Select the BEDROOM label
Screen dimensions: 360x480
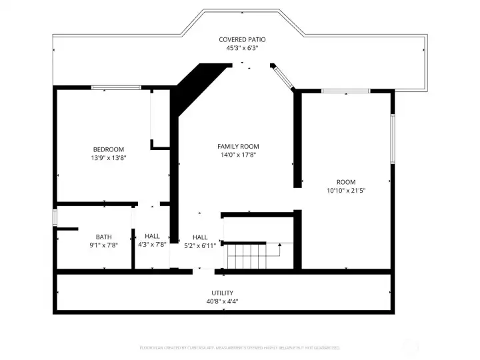(x=108, y=149)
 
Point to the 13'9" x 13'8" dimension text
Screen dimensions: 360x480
(x=108, y=158)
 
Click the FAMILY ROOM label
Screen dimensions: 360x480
(x=238, y=146)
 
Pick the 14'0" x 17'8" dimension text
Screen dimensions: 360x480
(x=238, y=155)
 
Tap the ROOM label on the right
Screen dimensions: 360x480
(x=346, y=182)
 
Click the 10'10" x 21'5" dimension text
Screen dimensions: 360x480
(x=346, y=191)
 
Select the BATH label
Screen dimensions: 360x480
(x=103, y=237)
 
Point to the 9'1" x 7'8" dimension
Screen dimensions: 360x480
(x=103, y=245)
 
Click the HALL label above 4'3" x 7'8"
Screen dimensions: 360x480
(x=152, y=236)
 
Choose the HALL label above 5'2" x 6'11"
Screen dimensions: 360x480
(x=200, y=237)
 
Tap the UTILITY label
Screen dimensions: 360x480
(x=223, y=293)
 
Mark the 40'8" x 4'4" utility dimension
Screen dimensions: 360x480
(x=223, y=301)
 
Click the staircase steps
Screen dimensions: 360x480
(x=246, y=256)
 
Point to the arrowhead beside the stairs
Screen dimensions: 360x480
(x=279, y=245)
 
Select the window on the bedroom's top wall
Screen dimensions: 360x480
(x=116, y=87)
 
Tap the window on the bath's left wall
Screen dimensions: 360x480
(x=55, y=218)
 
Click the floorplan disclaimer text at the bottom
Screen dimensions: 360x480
(x=239, y=347)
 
